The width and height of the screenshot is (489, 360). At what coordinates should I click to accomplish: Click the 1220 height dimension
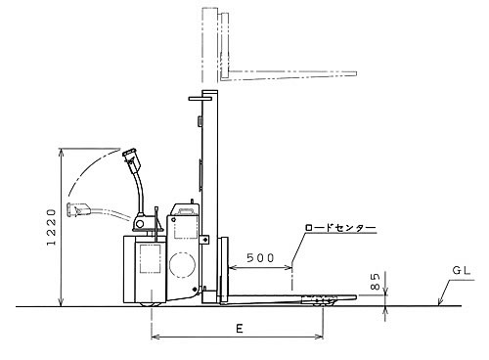tap(51, 227)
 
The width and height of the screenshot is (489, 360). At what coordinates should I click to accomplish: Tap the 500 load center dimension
tap(260, 258)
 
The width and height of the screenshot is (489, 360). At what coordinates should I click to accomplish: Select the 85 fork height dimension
tap(376, 282)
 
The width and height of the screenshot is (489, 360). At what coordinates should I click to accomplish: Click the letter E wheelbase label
tap(240, 329)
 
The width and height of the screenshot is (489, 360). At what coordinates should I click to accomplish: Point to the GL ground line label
tap(462, 270)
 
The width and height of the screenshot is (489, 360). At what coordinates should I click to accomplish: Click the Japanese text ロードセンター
tap(340, 227)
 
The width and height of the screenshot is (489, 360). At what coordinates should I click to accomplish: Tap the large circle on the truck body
tap(183, 265)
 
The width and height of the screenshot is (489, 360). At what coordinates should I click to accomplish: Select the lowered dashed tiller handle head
tap(78, 209)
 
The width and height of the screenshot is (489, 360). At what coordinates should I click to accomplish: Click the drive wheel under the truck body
tap(151, 304)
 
